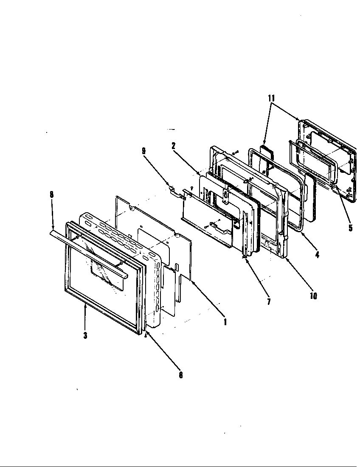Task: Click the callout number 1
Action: click(225, 322)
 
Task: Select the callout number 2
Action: click(174, 146)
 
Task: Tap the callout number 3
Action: click(85, 335)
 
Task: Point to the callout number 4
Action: click(318, 255)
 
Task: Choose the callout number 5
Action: click(350, 228)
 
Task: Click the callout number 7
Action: click(269, 302)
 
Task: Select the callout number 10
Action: click(313, 296)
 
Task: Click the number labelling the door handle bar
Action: click(52, 194)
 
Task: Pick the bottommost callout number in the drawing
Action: click(180, 375)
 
